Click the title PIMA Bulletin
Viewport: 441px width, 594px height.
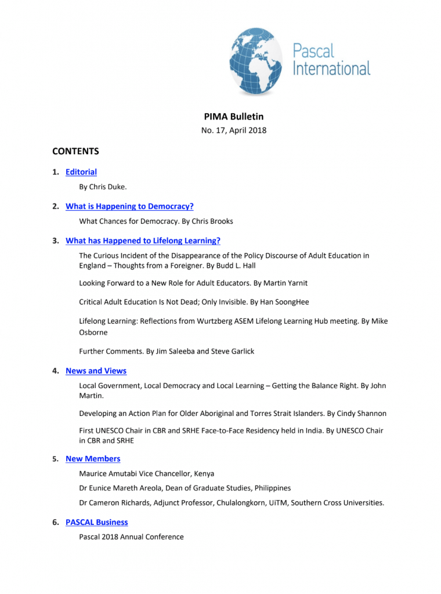[x=234, y=117]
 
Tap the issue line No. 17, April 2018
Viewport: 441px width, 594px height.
[x=234, y=131]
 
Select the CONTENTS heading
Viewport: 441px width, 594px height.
[x=75, y=151]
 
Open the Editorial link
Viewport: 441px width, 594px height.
[x=81, y=172]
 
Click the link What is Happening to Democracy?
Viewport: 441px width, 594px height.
[x=129, y=206]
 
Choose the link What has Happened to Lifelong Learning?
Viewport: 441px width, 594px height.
[x=143, y=240]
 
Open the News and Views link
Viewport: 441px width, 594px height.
[x=96, y=371]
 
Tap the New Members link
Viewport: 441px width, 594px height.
[x=93, y=459]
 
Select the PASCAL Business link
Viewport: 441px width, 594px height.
[x=97, y=522]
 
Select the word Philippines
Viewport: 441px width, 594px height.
[x=270, y=488]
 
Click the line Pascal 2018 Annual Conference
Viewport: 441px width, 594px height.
[x=131, y=537]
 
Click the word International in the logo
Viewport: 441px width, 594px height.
[x=331, y=68]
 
